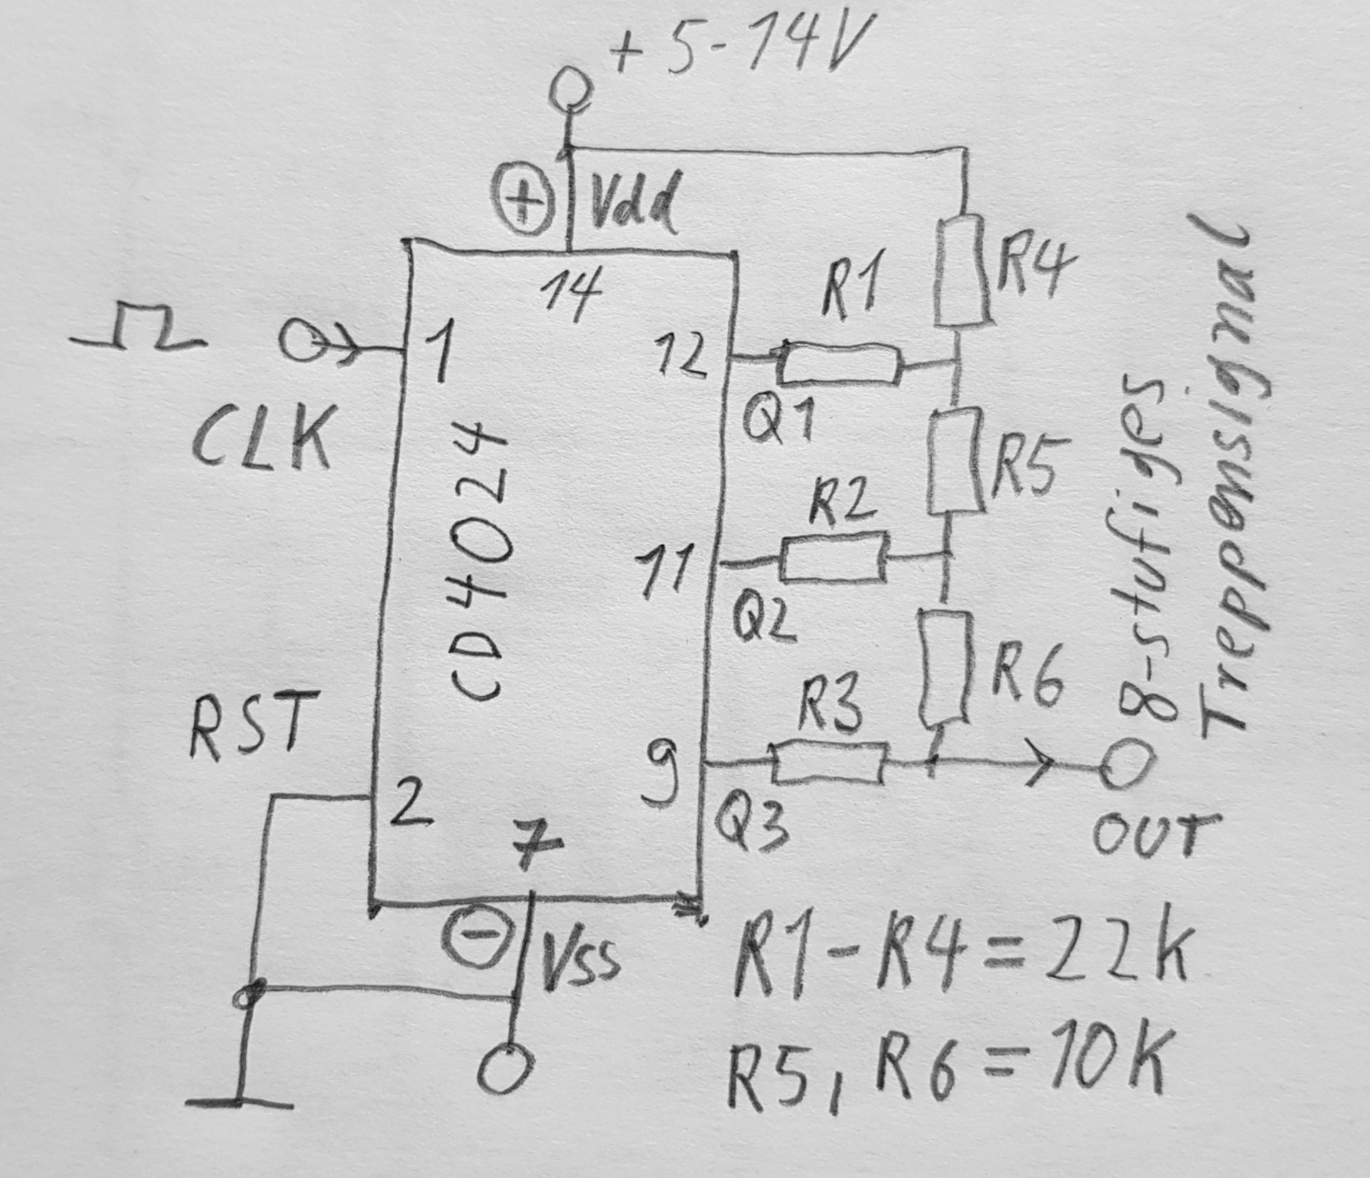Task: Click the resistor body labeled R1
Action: (x=839, y=364)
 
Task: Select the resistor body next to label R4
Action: (x=963, y=271)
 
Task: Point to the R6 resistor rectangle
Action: (x=945, y=667)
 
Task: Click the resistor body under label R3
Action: (x=830, y=763)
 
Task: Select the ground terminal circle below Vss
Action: (x=506, y=1068)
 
